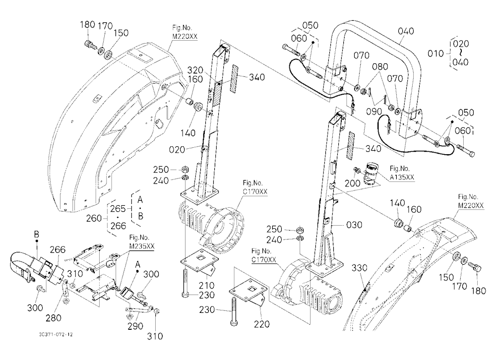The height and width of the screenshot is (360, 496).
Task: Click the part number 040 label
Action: point(406,31)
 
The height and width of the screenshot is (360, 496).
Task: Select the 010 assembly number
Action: point(435,54)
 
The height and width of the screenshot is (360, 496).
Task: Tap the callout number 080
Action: point(380,67)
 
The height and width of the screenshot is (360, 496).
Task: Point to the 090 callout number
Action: point(374,112)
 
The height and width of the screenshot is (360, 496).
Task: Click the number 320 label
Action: point(195,70)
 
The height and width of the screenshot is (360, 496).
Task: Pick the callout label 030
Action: point(354,225)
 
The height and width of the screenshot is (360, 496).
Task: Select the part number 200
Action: point(352,183)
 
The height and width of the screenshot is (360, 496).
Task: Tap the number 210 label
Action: point(206,285)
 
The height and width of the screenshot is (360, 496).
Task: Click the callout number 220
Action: point(261,324)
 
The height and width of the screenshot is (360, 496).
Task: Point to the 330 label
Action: point(359,268)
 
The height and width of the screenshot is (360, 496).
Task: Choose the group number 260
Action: point(94,218)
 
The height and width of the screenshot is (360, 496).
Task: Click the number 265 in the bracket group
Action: point(118,209)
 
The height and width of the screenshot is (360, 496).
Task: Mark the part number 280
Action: point(54,318)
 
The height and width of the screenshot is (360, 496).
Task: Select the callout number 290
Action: point(135,326)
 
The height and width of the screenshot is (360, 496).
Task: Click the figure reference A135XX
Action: point(402,178)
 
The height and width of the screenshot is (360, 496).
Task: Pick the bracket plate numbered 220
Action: point(249,294)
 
